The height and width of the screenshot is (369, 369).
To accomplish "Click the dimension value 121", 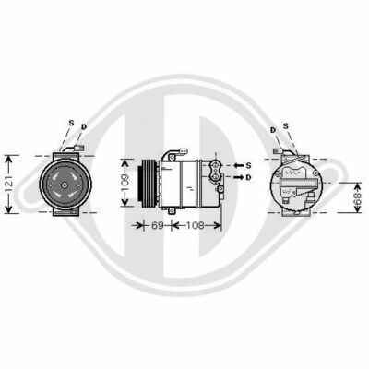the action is click(9, 184).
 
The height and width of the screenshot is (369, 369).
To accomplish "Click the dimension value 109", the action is click(125, 183).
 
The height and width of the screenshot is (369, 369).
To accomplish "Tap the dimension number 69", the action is click(157, 225).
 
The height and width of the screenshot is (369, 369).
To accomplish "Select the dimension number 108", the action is click(196, 225).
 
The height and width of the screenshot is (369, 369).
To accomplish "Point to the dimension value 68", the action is click(357, 197).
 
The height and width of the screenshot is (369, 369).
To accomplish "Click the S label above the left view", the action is click(71, 123).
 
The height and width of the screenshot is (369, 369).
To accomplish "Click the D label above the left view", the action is click(84, 126).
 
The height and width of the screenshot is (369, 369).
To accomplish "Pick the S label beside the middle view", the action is click(248, 165).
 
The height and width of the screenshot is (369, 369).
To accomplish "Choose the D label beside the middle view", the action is click(248, 177).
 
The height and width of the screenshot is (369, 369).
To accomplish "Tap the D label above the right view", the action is click(273, 130).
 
